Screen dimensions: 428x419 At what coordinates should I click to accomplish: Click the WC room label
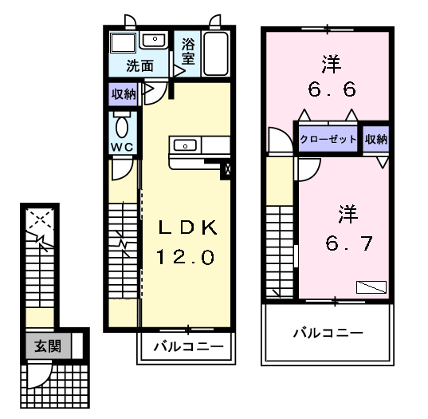pyautogui.click(x=122, y=148)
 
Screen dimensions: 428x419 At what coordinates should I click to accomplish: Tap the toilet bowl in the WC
pyautogui.click(x=122, y=128)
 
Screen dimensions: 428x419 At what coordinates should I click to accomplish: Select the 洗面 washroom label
pyautogui.click(x=140, y=66)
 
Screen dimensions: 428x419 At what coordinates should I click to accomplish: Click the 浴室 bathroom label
pyautogui.click(x=188, y=51)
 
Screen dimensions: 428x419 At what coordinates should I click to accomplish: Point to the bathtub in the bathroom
pyautogui.click(x=216, y=53)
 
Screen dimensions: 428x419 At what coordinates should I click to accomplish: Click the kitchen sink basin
pyautogui.click(x=185, y=145)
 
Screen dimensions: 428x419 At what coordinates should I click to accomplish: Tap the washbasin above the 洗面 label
pyautogui.click(x=154, y=40)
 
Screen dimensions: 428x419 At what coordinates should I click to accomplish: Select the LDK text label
pyautogui.click(x=188, y=227)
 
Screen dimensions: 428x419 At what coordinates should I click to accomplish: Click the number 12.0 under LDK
pyautogui.click(x=186, y=257)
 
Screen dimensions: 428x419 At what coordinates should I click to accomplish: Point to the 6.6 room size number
pyautogui.click(x=332, y=89)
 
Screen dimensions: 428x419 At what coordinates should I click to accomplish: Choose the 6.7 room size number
pyautogui.click(x=349, y=243)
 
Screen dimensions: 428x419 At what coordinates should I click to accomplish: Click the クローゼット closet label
pyautogui.click(x=328, y=139)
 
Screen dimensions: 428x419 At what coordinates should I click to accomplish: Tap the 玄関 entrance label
pyautogui.click(x=48, y=346)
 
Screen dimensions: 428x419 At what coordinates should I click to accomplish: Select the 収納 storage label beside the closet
pyautogui.click(x=376, y=140)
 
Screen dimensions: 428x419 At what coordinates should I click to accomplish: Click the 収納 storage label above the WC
pyautogui.click(x=124, y=94)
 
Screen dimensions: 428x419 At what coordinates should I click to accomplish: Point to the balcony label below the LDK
pyautogui.click(x=189, y=346)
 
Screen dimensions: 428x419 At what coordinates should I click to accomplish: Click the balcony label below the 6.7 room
pyautogui.click(x=328, y=333)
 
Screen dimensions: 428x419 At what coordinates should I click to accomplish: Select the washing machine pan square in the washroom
pyautogui.click(x=123, y=43)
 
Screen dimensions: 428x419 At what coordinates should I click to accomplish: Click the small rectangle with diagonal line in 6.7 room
pyautogui.click(x=371, y=287)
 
